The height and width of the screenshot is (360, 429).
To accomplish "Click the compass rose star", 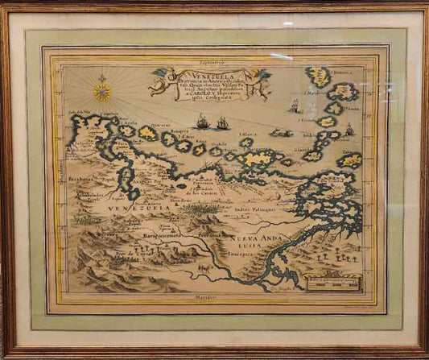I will point(102,92).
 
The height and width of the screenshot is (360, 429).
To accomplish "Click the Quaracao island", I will point(147,133).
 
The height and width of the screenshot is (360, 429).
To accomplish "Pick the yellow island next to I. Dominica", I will point(319,77).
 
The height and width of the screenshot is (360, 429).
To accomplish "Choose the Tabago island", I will point(349,160).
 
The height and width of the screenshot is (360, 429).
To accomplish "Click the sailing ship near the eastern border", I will point(349,129).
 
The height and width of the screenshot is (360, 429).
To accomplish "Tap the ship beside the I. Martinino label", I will point(295,106).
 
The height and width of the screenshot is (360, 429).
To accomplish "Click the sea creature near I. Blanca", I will point(281,132).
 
